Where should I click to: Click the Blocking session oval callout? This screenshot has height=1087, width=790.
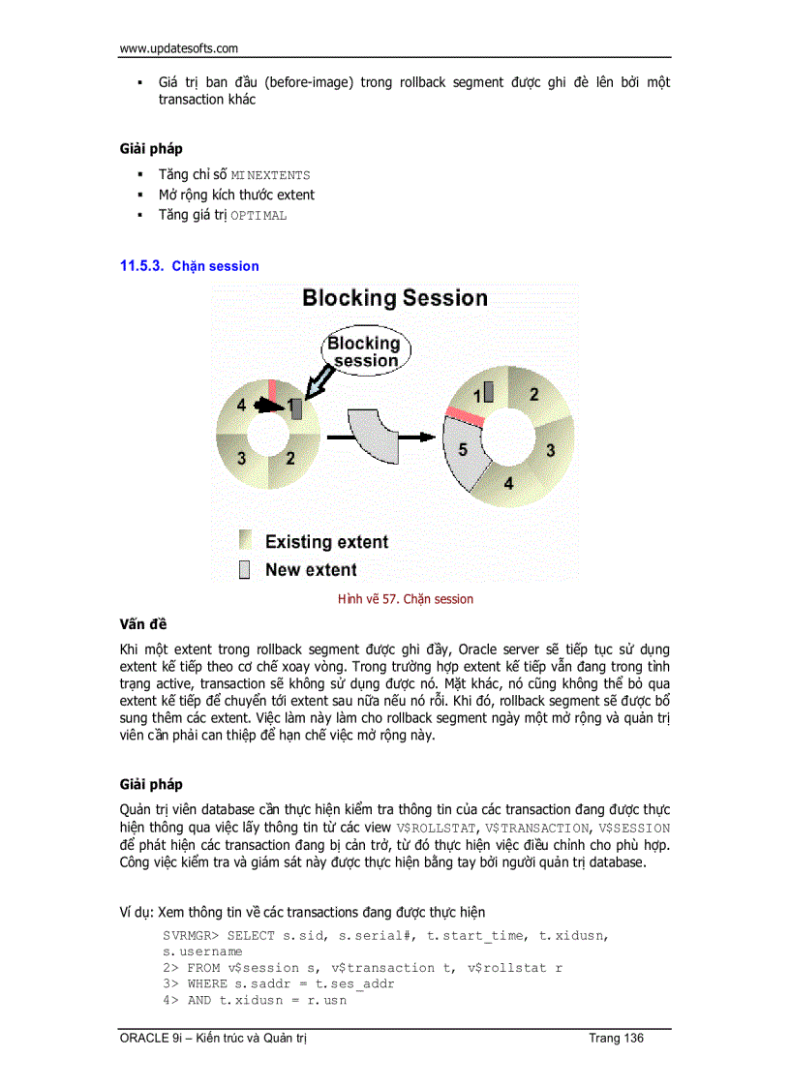[x=363, y=351]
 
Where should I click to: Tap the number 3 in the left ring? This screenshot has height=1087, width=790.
[x=242, y=457]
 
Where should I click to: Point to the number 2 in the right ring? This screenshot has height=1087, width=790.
[x=533, y=394]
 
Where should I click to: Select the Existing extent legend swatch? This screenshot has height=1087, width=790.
[x=245, y=541]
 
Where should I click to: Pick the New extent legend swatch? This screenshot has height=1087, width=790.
[x=245, y=569]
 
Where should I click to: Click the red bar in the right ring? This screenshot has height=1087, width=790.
[x=464, y=417]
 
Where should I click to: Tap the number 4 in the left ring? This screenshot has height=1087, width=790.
[x=241, y=408]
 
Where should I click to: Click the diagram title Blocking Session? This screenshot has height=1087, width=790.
[x=394, y=298]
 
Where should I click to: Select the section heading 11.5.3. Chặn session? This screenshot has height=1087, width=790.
[x=190, y=266]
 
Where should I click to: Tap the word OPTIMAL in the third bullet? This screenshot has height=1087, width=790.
[x=258, y=216]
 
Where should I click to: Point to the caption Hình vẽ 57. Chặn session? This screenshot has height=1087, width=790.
[x=406, y=599]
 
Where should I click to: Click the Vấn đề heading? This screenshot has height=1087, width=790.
[x=142, y=624]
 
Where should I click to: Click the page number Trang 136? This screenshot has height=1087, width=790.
[x=616, y=1039]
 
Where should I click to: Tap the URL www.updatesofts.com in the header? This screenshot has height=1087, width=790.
[x=178, y=47]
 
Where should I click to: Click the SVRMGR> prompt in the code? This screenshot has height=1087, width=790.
[x=191, y=936]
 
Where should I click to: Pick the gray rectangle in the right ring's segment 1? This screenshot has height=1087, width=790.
[x=488, y=392]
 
